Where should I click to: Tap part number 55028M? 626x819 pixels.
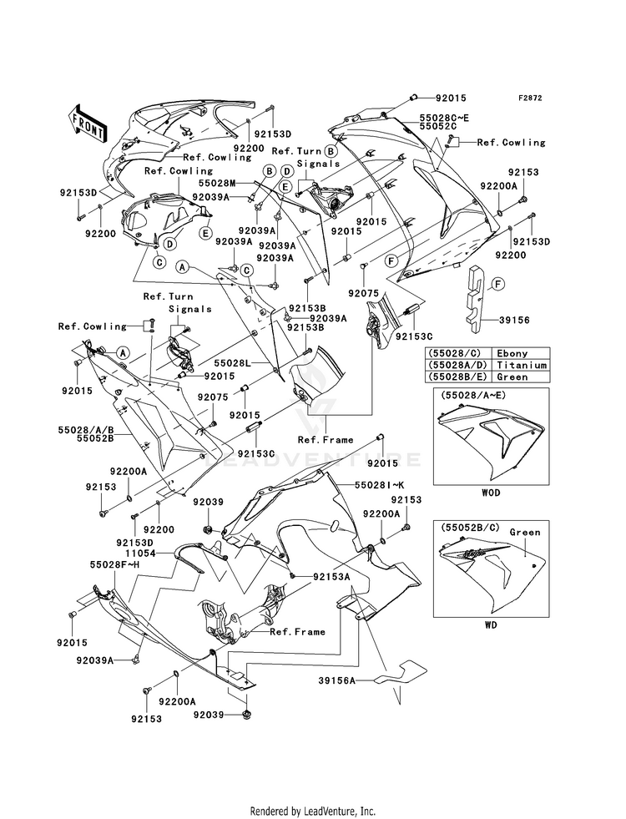217,183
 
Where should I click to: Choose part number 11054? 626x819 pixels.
140,552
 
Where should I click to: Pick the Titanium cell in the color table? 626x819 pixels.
522,365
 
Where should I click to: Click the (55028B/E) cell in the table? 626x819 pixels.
458,377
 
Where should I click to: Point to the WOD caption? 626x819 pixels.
490,493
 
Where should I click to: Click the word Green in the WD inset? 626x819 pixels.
525,533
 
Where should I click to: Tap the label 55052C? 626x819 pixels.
437,127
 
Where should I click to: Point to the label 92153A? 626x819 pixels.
332,577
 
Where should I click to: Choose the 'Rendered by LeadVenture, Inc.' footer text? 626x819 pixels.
313,811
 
